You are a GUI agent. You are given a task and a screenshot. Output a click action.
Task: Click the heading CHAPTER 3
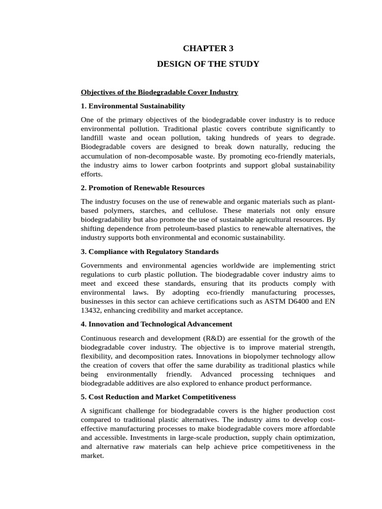208,48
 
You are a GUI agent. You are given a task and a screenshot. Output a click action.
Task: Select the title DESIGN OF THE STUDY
208,64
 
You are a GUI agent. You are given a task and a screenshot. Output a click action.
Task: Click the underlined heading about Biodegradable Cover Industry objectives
159,92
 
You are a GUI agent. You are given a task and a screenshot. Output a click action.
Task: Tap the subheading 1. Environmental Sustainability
133,106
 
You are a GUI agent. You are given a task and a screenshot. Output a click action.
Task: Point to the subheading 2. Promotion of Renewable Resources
143,188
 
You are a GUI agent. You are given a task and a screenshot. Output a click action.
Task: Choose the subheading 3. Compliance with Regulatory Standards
150,252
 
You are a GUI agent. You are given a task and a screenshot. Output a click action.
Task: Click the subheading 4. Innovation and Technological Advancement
156,324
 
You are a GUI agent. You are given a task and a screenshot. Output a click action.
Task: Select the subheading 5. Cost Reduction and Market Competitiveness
158,397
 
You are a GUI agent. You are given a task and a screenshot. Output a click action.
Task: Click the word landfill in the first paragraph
92,138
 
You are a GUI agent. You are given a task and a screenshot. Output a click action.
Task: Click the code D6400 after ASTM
295,301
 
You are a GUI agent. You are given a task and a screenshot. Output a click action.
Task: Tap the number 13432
92,311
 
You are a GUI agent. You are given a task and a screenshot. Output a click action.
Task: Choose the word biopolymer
245,356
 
